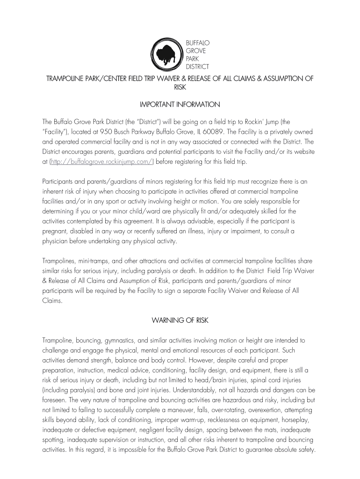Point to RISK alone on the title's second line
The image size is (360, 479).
(x=180, y=87)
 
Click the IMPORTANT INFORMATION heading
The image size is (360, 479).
(x=180, y=104)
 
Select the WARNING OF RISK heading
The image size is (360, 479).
(x=180, y=320)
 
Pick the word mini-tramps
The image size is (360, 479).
(x=93, y=261)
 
